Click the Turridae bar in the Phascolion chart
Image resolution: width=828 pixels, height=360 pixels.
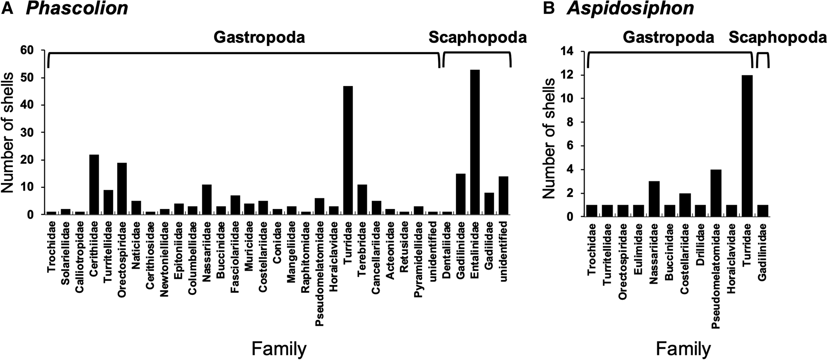(x=348, y=151)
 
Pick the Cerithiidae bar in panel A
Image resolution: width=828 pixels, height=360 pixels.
(x=94, y=184)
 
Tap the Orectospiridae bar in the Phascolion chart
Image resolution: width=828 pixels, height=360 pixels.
(x=122, y=189)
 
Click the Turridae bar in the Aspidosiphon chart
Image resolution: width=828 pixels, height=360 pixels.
(x=747, y=146)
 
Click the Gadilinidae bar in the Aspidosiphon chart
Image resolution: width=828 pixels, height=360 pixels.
(x=763, y=211)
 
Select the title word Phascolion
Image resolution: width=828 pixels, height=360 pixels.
(x=77, y=8)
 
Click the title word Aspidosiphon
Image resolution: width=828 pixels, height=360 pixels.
(x=630, y=8)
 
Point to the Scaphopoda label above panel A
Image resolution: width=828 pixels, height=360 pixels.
(x=477, y=38)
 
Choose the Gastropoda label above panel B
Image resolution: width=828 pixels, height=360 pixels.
(x=668, y=38)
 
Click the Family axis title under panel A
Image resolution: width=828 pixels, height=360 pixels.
(x=279, y=348)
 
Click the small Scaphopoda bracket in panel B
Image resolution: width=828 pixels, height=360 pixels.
(x=763, y=59)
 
